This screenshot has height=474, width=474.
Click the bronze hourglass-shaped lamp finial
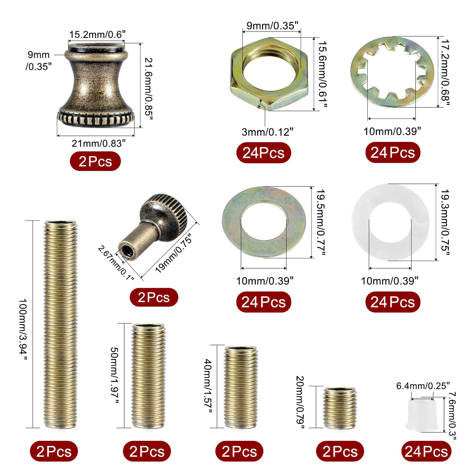(x=96, y=85)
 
